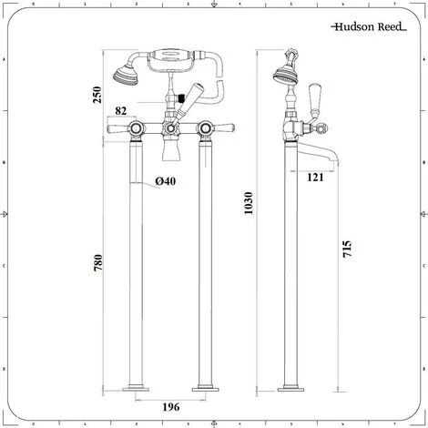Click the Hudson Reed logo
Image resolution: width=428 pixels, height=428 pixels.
click(369, 26)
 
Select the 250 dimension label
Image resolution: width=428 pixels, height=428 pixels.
click(97, 95)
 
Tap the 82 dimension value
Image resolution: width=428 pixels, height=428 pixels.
click(121, 111)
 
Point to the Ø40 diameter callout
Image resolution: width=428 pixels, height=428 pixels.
click(166, 181)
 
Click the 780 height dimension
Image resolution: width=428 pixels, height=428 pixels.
click(98, 263)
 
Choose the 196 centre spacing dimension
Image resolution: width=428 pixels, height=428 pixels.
click(171, 407)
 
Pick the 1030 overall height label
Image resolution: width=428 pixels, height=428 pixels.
click(249, 203)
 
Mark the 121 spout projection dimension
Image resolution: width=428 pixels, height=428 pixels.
click(315, 178)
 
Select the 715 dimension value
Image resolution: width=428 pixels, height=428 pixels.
click(347, 249)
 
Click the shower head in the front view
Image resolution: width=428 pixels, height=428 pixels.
click(126, 75)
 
